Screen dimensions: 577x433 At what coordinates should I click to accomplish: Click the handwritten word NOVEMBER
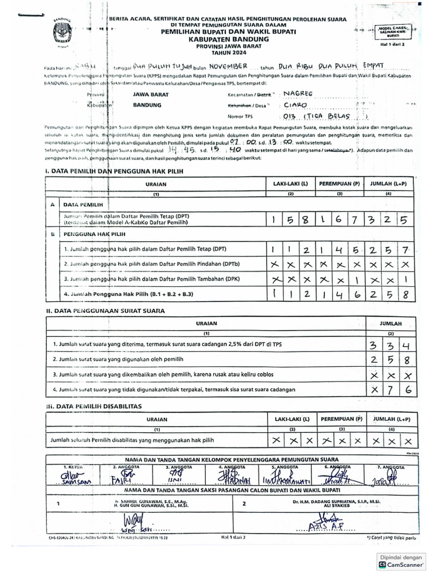[225, 66]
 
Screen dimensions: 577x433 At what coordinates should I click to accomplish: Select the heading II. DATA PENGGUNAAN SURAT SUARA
[101, 310]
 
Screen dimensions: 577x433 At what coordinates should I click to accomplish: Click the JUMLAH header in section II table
[390, 324]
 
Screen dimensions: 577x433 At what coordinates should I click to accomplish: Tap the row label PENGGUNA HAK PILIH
[94, 233]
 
